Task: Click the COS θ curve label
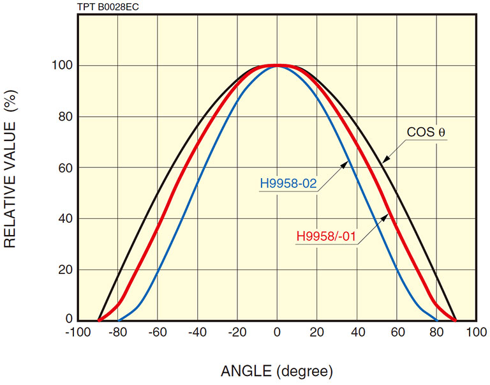(426, 132)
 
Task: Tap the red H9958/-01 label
(327, 236)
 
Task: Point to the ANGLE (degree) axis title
(277, 371)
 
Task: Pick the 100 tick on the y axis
(62, 66)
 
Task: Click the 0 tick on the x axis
(277, 333)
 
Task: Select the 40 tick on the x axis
(357, 333)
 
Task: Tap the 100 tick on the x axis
(476, 333)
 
